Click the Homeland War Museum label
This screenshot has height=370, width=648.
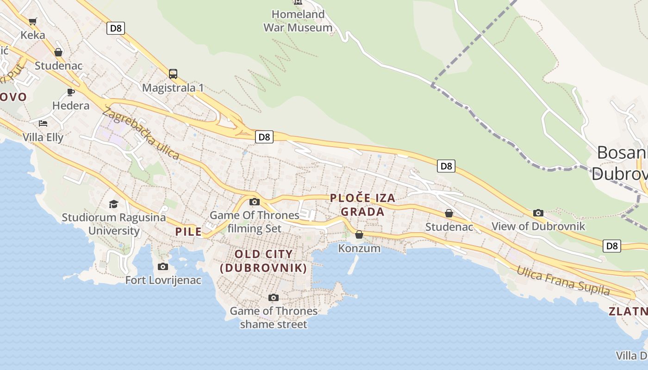pos(298,21)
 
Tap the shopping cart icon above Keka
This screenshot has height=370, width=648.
pos(33,21)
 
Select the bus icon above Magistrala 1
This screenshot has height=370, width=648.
pos(173,74)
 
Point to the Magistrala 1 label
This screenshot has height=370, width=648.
pos(173,88)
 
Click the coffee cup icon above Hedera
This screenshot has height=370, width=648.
pos(71,92)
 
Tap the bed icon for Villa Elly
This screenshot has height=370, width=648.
pos(43,123)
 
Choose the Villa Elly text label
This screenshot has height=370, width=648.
pos(43,137)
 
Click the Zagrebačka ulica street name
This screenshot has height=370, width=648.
pos(141,133)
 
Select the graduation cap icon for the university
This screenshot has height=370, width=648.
pos(113,204)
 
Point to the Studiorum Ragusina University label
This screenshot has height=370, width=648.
pos(114,224)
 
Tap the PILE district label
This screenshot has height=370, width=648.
pos(188,232)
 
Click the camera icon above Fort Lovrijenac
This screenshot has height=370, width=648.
pos(163,266)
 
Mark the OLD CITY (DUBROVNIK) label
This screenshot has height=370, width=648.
pos(263,261)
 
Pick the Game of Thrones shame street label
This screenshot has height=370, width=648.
pos(274,317)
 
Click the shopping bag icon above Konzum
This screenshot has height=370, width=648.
pos(359,235)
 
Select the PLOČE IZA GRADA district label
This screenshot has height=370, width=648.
pos(363,205)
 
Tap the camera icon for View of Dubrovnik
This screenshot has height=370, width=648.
pos(538,213)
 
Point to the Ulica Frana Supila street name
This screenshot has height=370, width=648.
pos(563,280)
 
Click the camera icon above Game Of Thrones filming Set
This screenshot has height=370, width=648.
pos(255,202)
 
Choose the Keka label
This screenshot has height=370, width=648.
pos(33,35)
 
